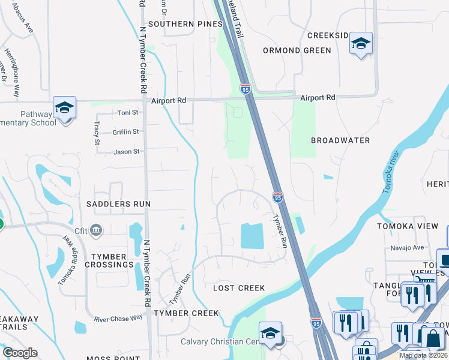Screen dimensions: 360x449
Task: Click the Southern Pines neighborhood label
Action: [185, 24]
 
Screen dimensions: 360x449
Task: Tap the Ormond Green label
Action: [297, 50]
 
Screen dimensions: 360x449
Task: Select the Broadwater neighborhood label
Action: [340, 140]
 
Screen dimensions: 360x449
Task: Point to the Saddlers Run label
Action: [118, 204]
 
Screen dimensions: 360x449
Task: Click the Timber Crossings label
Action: [109, 260]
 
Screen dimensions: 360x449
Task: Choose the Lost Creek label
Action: [239, 288]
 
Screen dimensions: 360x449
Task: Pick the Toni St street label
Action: [128, 112]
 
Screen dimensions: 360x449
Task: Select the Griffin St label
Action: [125, 132]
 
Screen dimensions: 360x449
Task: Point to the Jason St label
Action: [127, 152]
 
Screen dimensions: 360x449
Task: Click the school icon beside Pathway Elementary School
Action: [64, 108]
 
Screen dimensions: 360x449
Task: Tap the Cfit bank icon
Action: [97, 230]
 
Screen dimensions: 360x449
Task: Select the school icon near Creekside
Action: [361, 43]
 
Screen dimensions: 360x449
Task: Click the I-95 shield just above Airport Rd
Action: [246, 89]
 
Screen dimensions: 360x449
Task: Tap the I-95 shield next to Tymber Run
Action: [277, 197]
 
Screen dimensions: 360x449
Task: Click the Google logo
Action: [20, 353]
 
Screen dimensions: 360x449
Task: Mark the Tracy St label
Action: [97, 133]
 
